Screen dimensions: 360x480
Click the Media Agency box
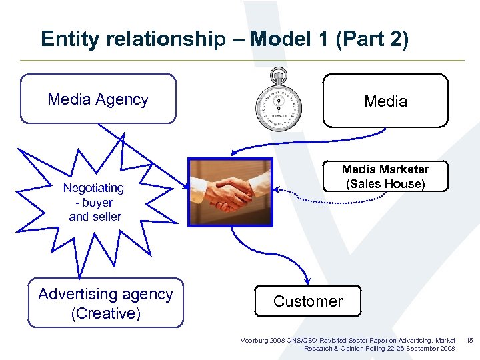click(x=98, y=99)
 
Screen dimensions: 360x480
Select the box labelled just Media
click(x=385, y=101)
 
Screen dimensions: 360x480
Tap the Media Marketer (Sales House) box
click(x=385, y=177)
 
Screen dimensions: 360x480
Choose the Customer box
click(x=307, y=301)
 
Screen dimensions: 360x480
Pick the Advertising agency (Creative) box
click(x=105, y=303)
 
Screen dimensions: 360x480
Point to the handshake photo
click(x=230, y=192)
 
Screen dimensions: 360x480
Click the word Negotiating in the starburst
click(x=93, y=188)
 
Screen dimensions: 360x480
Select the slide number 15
click(x=469, y=341)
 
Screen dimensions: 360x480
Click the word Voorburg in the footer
click(x=255, y=341)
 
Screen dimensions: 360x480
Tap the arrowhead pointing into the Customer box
click(x=307, y=281)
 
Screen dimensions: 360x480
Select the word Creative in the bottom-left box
click(x=105, y=313)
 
